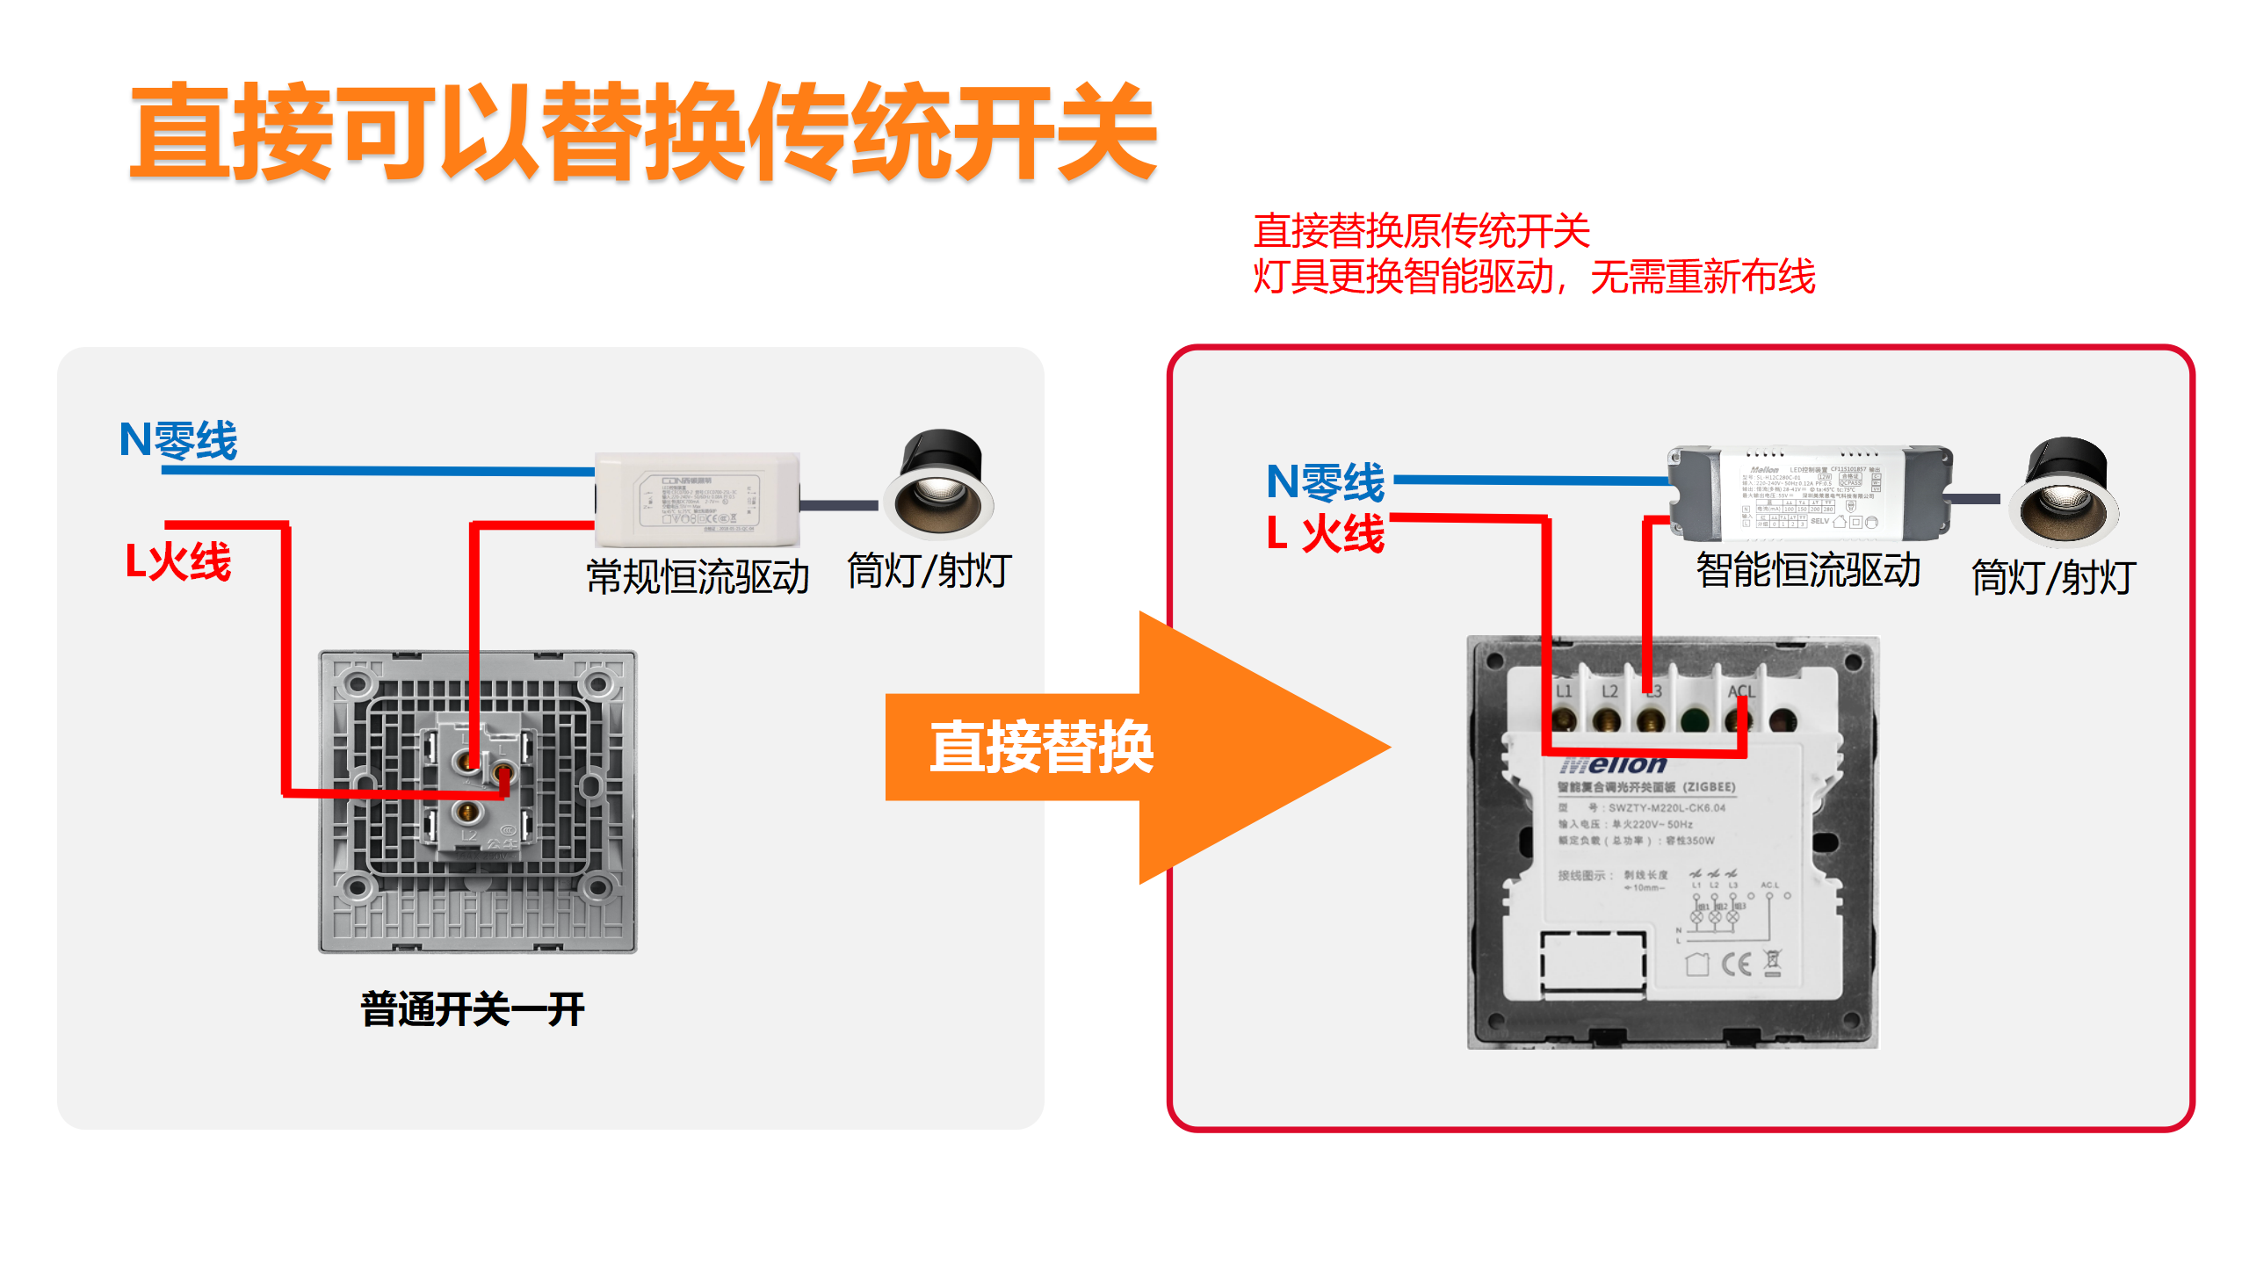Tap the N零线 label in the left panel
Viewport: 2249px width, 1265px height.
[178, 439]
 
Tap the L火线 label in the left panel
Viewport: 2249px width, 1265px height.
[178, 561]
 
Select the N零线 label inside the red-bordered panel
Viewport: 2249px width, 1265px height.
[1325, 481]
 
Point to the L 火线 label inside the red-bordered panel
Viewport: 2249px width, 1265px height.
[1325, 533]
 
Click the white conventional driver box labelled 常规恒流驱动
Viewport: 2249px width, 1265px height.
[698, 499]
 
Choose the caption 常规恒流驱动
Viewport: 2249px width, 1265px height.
[698, 577]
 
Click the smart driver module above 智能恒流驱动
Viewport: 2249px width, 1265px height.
[1810, 492]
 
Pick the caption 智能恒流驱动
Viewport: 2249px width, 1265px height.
[1808, 570]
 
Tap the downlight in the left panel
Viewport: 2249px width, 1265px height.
[938, 485]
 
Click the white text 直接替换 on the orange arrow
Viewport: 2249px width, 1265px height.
[1041, 748]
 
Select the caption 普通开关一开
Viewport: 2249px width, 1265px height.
[473, 1009]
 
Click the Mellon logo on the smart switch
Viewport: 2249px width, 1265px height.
[1615, 765]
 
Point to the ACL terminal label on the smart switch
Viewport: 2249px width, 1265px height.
[1740, 691]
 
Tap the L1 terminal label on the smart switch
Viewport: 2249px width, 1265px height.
[1564, 691]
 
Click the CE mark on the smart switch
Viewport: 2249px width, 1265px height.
[1736, 965]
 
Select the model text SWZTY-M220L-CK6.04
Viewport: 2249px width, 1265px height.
[1667, 808]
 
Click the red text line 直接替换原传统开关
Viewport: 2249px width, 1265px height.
[1421, 231]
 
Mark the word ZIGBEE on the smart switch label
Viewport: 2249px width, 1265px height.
[1709, 787]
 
